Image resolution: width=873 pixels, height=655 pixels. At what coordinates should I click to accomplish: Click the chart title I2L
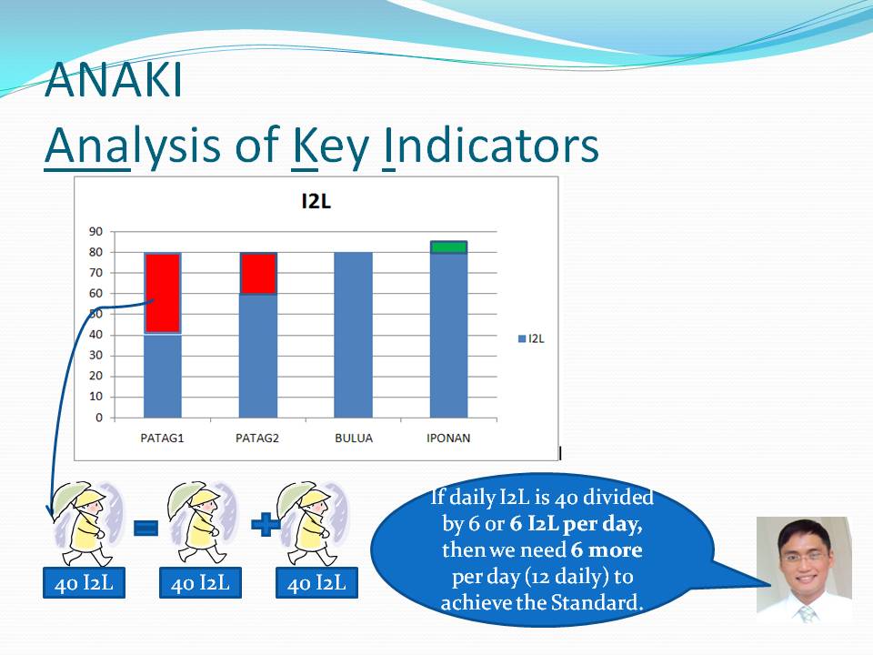click(x=316, y=201)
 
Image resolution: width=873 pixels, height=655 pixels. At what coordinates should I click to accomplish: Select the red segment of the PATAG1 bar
click(x=163, y=293)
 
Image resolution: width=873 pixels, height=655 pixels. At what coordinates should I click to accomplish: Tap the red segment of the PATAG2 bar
click(x=257, y=273)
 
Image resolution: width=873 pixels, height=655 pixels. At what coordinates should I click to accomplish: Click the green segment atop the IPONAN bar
click(x=448, y=247)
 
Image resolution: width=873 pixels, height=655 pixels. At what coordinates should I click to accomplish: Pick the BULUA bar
click(x=354, y=335)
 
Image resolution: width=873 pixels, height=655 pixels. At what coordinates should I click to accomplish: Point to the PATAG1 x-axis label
click(x=162, y=438)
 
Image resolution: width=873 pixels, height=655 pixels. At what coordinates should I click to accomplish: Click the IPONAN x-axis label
click(x=448, y=438)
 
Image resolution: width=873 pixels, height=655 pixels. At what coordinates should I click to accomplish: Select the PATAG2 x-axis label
click(x=257, y=438)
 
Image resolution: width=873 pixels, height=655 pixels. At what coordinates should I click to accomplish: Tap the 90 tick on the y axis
click(x=95, y=231)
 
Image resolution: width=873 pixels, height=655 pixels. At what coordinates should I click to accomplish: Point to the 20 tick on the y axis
click(x=95, y=376)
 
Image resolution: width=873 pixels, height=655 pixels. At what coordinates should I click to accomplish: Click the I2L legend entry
click(x=531, y=338)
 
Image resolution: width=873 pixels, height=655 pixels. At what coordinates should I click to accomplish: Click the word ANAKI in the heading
click(x=114, y=80)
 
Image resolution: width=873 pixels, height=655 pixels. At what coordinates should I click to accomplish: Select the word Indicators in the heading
click(x=491, y=145)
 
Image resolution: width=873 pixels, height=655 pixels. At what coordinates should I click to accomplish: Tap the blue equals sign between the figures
click(x=145, y=527)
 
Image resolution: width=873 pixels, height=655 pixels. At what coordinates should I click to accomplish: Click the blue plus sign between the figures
click(x=266, y=525)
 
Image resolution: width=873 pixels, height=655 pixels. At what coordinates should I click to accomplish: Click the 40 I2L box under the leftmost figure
click(x=84, y=583)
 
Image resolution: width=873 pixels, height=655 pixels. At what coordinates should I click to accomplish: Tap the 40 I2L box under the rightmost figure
click(x=316, y=583)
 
